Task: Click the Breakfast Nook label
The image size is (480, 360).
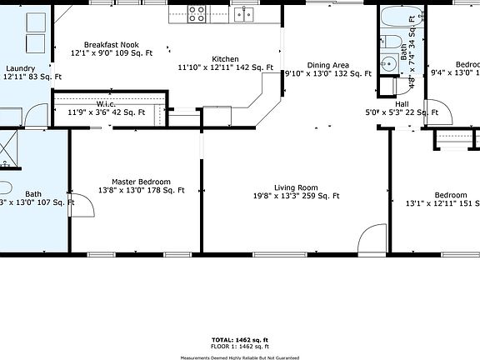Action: click(x=111, y=45)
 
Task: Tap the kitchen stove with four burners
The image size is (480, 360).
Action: click(x=197, y=13)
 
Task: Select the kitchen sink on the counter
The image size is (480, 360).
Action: click(x=243, y=13)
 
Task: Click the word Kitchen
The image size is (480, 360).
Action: click(x=225, y=59)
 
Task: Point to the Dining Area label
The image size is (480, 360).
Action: click(x=327, y=65)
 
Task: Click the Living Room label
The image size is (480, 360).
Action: click(x=297, y=187)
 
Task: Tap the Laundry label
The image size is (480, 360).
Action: click(x=20, y=68)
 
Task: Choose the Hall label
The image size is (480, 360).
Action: click(x=401, y=104)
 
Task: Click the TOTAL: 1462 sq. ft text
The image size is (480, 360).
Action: click(x=239, y=339)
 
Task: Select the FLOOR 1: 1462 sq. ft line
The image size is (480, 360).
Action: click(x=239, y=346)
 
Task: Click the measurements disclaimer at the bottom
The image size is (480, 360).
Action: click(x=239, y=356)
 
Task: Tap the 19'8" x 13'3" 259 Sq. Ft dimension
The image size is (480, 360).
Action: click(x=297, y=197)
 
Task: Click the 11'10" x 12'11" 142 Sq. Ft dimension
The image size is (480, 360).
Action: click(x=225, y=67)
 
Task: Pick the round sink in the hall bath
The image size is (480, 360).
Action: click(x=387, y=62)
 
